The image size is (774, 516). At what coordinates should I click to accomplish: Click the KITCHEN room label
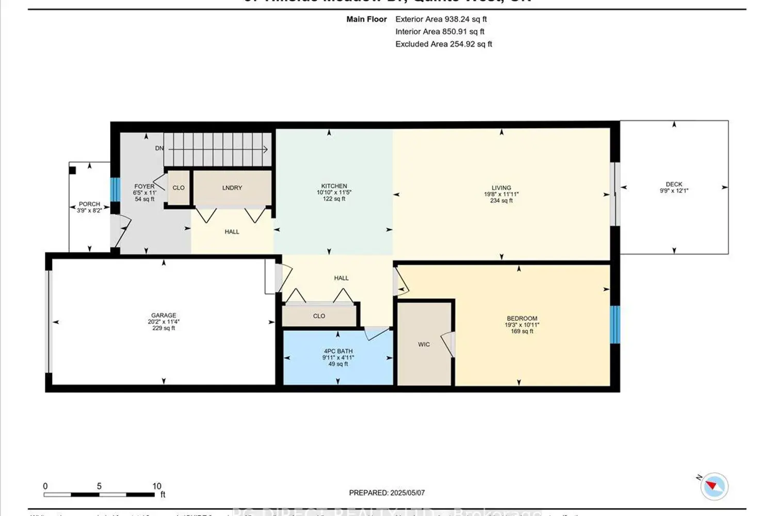pyautogui.click(x=334, y=186)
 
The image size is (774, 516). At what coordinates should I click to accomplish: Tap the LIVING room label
pyautogui.click(x=501, y=188)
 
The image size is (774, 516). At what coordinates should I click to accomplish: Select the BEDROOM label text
pyautogui.click(x=522, y=319)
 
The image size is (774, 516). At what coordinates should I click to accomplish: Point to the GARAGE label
pyautogui.click(x=164, y=315)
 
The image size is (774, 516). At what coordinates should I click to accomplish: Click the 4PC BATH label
pyautogui.click(x=338, y=351)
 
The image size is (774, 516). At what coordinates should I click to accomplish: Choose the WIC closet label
pyautogui.click(x=424, y=345)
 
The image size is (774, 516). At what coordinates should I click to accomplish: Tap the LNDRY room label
pyautogui.click(x=232, y=188)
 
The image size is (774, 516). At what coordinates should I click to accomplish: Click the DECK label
pyautogui.click(x=674, y=184)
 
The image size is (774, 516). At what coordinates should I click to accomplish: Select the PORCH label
pyautogui.click(x=89, y=204)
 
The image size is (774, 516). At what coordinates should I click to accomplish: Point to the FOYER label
pyautogui.click(x=144, y=187)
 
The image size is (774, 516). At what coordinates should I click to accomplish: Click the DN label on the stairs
pyautogui.click(x=159, y=149)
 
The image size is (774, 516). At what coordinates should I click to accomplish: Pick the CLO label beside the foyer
pyautogui.click(x=179, y=188)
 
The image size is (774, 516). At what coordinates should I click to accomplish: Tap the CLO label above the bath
pyautogui.click(x=319, y=316)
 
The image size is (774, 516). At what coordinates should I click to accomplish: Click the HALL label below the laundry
pyautogui.click(x=232, y=232)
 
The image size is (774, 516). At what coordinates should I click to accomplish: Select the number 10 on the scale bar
pyautogui.click(x=157, y=486)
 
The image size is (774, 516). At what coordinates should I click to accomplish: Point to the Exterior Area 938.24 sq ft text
pyautogui.click(x=441, y=19)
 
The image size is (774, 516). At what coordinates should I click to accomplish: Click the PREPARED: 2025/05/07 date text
pyautogui.click(x=387, y=493)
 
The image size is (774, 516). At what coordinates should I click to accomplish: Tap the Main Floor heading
pyautogui.click(x=366, y=19)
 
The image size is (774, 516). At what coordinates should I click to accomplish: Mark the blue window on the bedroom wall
pyautogui.click(x=615, y=325)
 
